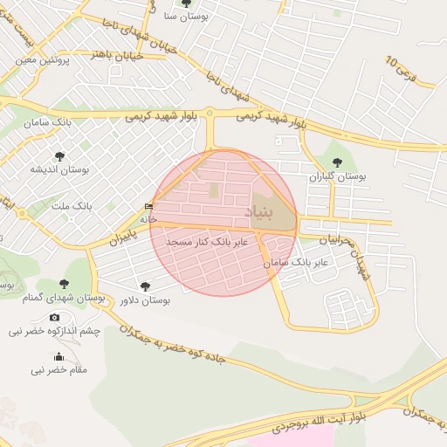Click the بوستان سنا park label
coord(185,17)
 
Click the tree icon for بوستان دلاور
coord(145,285)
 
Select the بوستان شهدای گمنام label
coord(62,299)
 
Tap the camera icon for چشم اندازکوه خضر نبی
coord(55,318)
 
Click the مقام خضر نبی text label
coord(59,370)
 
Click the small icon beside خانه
coord(148,206)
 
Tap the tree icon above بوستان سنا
coord(185,3)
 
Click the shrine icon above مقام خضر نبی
coord(59,356)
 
